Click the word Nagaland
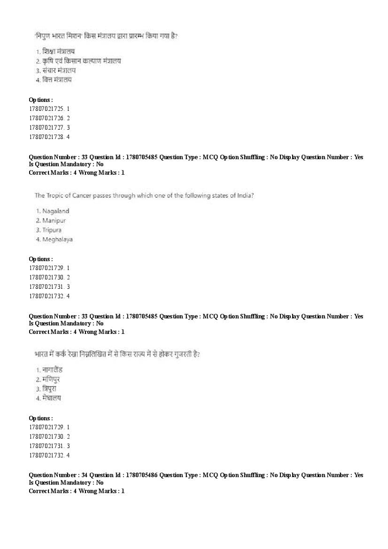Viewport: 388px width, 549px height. pyautogui.click(x=55, y=211)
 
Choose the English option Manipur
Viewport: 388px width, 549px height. pyautogui.click(x=54, y=220)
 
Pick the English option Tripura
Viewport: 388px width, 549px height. pyautogui.click(x=52, y=230)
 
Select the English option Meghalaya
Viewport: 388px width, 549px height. pyautogui.click(x=57, y=239)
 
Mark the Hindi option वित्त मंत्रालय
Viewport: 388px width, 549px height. pyautogui.click(x=57, y=79)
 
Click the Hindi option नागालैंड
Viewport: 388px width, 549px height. pyautogui.click(x=53, y=370)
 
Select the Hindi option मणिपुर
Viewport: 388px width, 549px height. pyautogui.click(x=51, y=379)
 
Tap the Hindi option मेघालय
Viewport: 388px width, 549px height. pyautogui.click(x=52, y=398)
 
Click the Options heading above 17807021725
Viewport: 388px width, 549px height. pyautogui.click(x=41, y=100)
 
